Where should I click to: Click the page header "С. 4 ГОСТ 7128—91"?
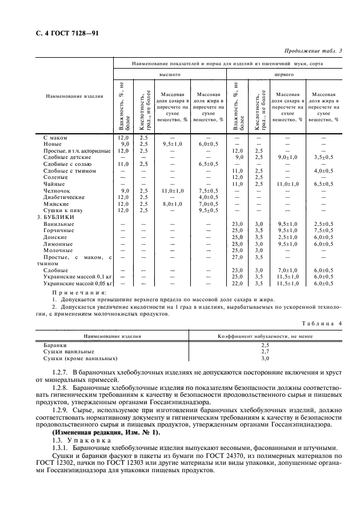coord(56,33)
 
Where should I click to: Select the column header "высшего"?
coord(170,74)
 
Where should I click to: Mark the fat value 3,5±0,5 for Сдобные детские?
coord(327,157)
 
